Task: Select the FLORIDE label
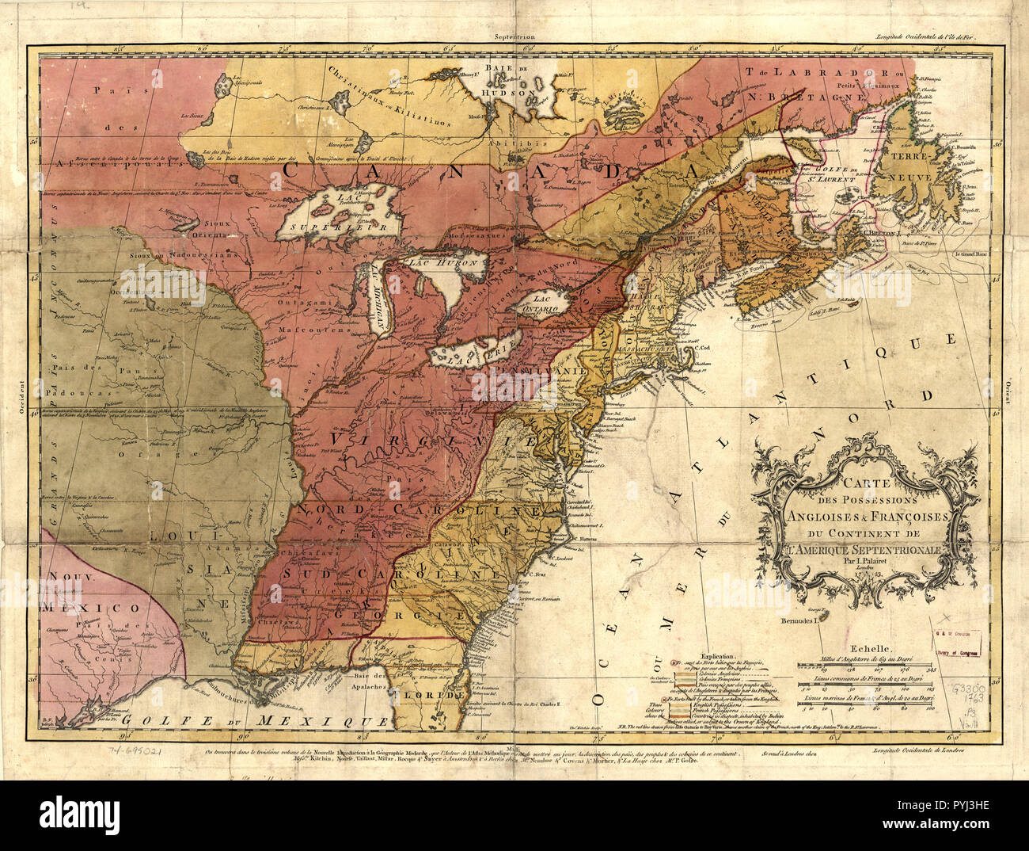[429, 695]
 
